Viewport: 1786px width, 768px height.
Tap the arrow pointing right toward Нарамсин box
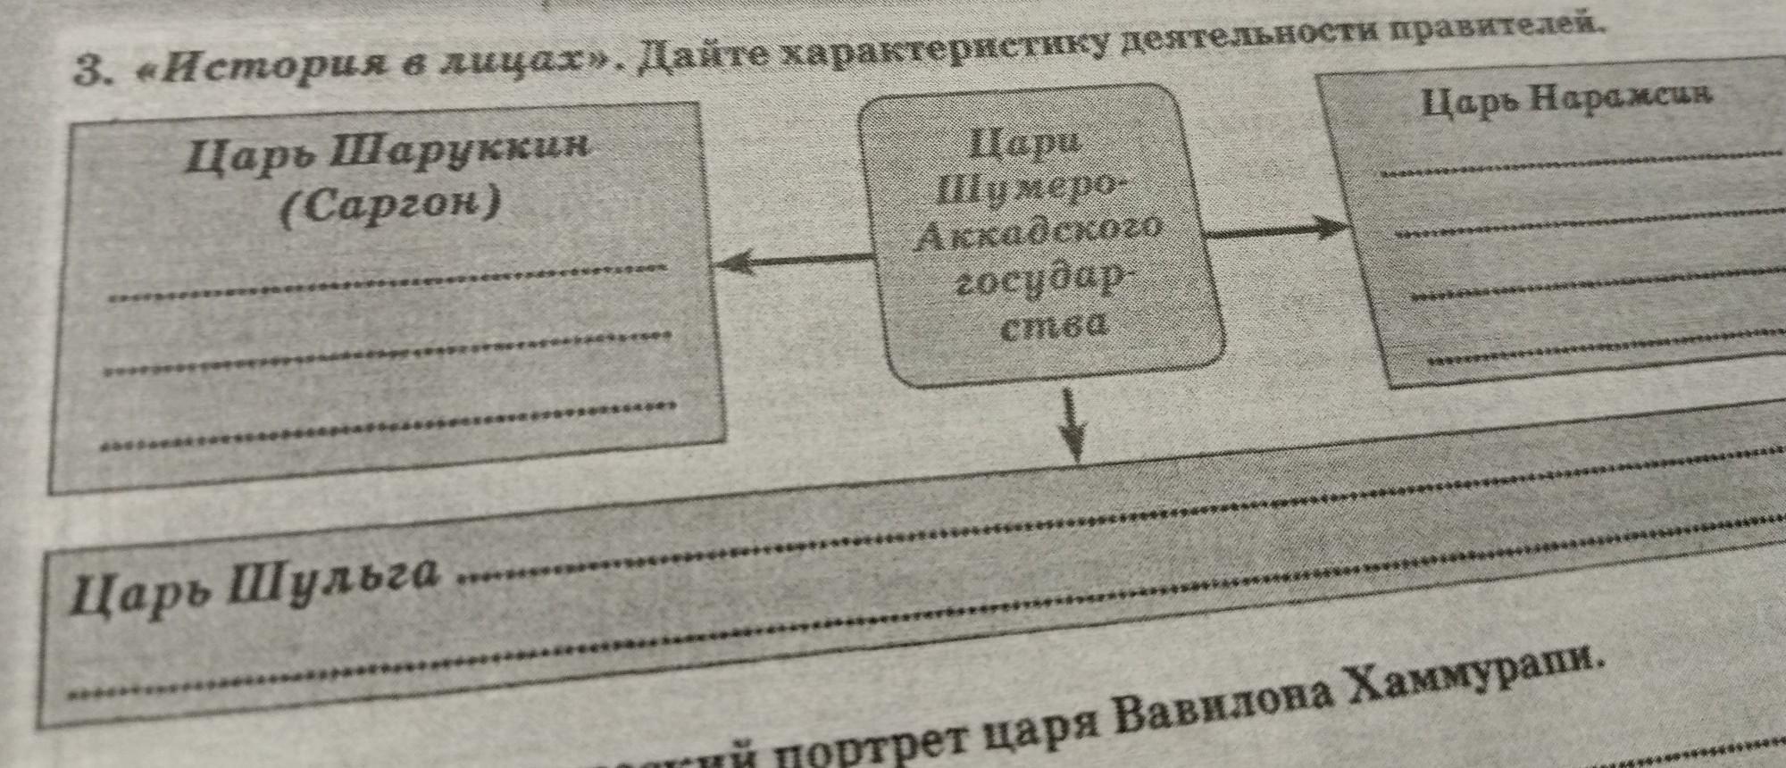(1277, 230)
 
